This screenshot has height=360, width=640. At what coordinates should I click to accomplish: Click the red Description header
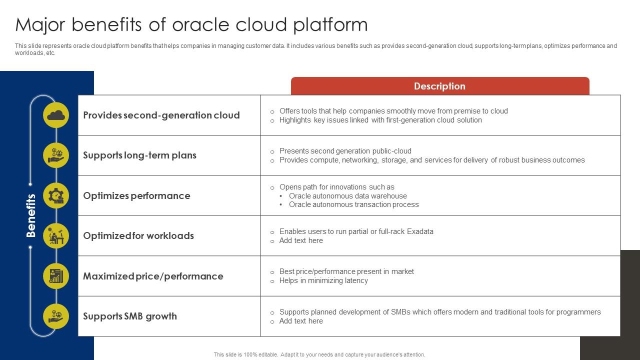click(439, 86)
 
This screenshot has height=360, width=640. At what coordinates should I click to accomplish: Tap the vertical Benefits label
click(31, 215)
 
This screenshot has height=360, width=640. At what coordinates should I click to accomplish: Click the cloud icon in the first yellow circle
click(56, 115)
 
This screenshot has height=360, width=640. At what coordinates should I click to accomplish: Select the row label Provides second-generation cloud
click(161, 115)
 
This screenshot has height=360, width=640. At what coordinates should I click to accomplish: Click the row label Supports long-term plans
click(139, 155)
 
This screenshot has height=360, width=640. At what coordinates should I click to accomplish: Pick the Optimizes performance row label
click(136, 195)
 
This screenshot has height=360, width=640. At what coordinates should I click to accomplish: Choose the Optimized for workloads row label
click(138, 235)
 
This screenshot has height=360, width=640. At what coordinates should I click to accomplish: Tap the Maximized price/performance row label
click(153, 276)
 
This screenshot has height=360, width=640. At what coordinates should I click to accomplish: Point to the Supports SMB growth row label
click(129, 316)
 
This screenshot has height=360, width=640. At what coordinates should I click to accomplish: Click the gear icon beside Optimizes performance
click(56, 195)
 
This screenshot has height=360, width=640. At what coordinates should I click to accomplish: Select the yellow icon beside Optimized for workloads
click(56, 235)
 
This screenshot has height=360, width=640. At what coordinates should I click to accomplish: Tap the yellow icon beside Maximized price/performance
click(56, 276)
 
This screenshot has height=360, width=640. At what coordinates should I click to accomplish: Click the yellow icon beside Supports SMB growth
click(56, 316)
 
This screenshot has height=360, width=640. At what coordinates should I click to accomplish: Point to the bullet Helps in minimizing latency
click(323, 280)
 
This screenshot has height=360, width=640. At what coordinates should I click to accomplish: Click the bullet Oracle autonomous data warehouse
click(347, 196)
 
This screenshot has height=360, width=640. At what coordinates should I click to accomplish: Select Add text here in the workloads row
click(301, 240)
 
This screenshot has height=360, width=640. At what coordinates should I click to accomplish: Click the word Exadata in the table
click(420, 231)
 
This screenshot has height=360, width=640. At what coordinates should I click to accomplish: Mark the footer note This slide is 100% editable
click(319, 354)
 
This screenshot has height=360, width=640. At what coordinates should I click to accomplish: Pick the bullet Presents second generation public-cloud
click(345, 151)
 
